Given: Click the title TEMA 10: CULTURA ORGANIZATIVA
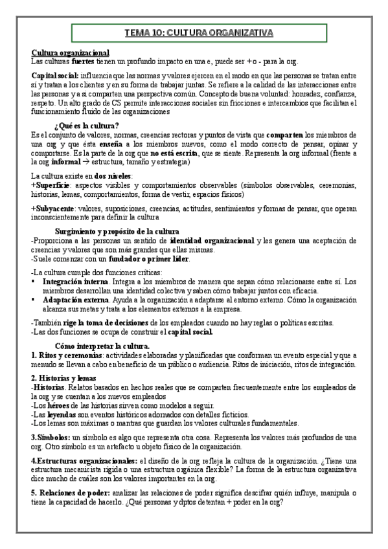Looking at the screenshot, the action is pos(199,33).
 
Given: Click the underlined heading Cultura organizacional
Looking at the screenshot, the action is pos(71,52).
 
